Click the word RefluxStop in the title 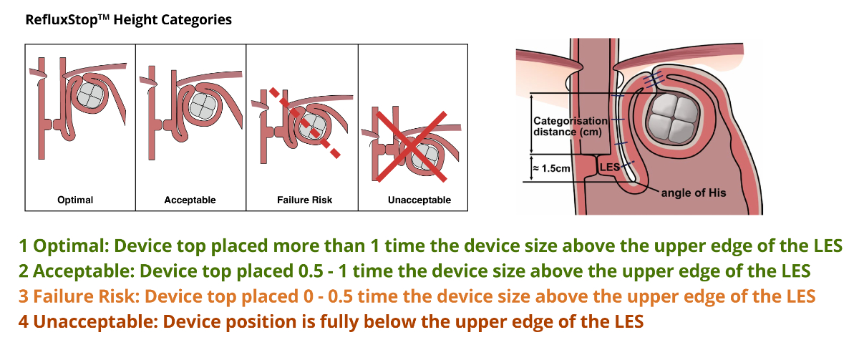[x=62, y=19]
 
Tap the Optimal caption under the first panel [x=75, y=200]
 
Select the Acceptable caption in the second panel [x=190, y=200]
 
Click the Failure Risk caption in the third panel [x=304, y=200]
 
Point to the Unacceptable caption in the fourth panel [x=419, y=200]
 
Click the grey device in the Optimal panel [x=90, y=95]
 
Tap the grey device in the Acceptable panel [x=203, y=104]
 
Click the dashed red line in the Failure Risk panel [x=305, y=122]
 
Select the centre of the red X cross [x=411, y=147]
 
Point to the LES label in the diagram [x=610, y=167]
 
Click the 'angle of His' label [x=694, y=193]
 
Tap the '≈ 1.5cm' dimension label [x=551, y=168]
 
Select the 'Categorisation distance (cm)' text [x=571, y=127]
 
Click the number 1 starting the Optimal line [x=23, y=246]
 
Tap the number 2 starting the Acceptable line [x=24, y=271]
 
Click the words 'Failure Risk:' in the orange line [x=87, y=296]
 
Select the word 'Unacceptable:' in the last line [x=96, y=321]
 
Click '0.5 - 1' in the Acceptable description [x=323, y=271]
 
